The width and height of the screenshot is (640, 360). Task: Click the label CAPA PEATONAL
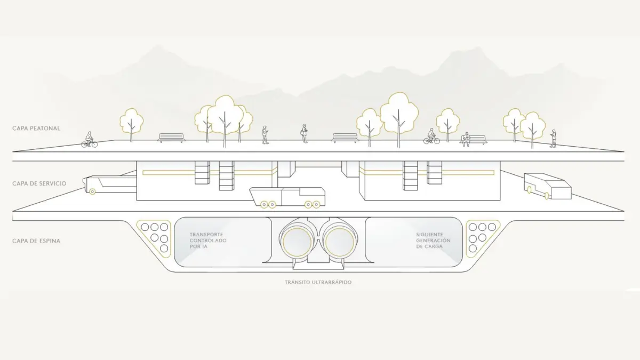point(36,129)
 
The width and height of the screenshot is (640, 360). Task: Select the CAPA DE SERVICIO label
point(39,183)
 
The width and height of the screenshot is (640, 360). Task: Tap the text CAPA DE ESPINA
point(36,241)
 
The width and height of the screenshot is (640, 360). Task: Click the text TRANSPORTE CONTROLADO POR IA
point(208,241)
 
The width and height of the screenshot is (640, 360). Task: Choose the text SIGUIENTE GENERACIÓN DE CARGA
point(433,241)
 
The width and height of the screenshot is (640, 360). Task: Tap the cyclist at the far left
point(90,140)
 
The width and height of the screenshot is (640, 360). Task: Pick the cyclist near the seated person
point(431,137)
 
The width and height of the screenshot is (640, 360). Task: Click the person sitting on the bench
point(465,139)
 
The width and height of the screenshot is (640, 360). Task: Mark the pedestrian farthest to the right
point(553,139)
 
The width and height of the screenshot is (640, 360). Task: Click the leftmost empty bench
point(171,138)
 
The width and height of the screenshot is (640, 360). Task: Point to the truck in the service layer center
point(288,197)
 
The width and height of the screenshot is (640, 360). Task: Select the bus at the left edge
point(109,183)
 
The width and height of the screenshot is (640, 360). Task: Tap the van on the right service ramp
point(547,186)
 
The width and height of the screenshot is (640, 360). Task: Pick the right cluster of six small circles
point(478,237)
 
